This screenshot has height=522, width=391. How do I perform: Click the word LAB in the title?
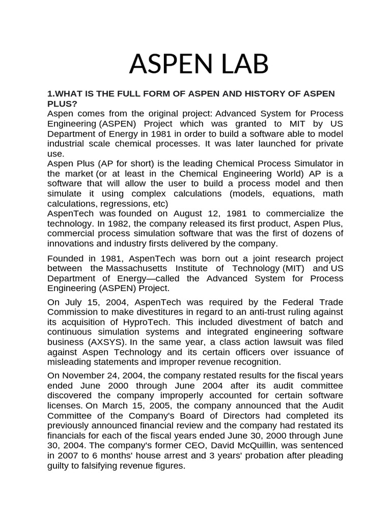point(234,64)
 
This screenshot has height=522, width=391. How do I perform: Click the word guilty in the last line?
point(60,465)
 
